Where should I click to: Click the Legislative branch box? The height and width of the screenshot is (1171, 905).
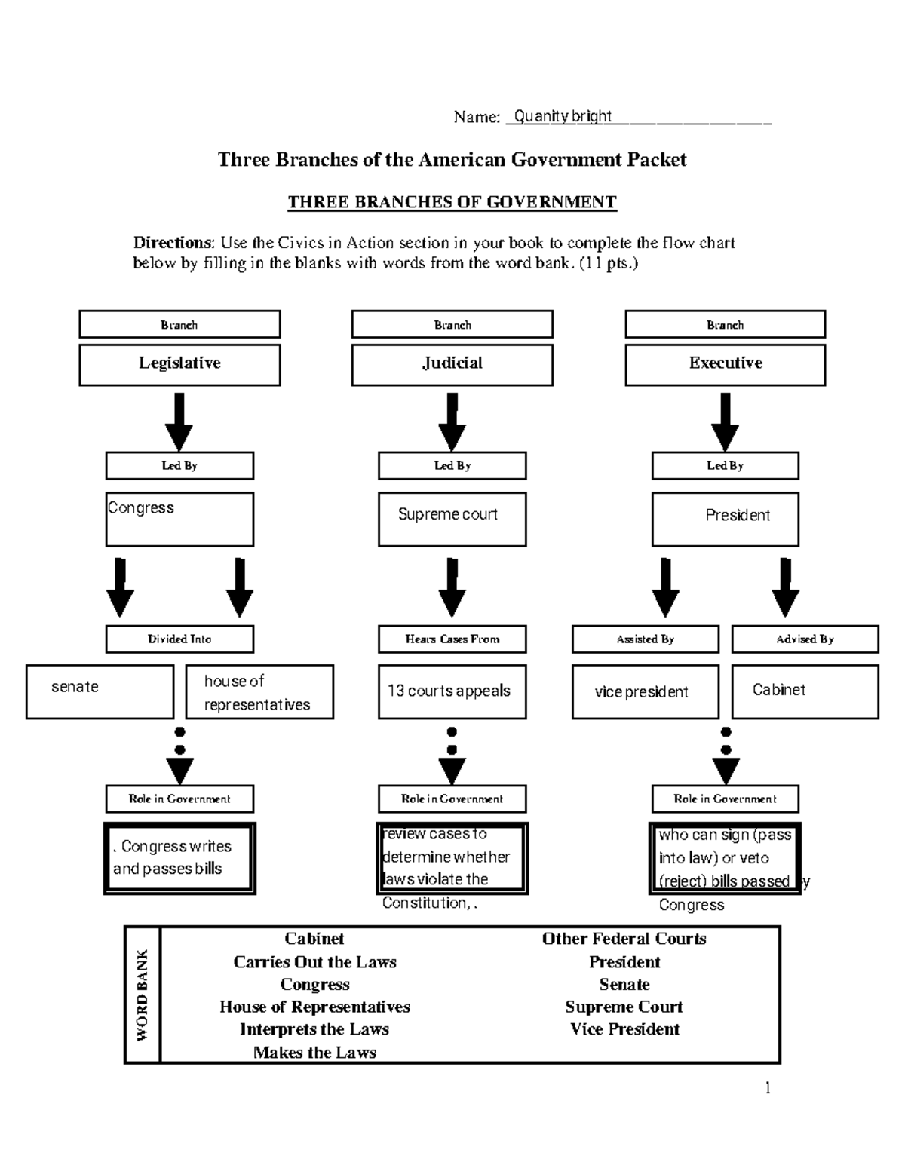tap(179, 364)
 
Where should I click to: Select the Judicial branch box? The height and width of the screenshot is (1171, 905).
tap(452, 364)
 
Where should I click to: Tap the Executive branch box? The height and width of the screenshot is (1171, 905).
tap(725, 364)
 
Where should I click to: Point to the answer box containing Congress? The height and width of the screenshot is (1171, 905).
tap(179, 519)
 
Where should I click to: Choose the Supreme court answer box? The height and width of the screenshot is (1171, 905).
tap(452, 519)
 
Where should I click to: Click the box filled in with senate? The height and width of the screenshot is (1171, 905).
tap(100, 691)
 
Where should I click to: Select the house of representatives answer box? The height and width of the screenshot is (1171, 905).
tap(259, 691)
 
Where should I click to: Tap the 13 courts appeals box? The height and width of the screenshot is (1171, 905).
tap(452, 691)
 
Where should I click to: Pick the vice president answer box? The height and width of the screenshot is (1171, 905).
tap(645, 691)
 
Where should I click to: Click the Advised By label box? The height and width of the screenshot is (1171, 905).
tap(805, 639)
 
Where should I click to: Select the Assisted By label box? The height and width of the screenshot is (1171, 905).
tap(645, 639)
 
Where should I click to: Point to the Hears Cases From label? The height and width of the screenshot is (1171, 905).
tap(452, 639)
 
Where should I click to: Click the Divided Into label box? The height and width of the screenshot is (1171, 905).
tap(179, 639)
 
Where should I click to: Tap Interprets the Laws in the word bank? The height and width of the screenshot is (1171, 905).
tap(314, 1029)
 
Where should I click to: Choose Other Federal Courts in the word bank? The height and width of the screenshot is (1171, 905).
tap(624, 939)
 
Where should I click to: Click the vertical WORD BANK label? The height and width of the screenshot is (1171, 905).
tap(143, 995)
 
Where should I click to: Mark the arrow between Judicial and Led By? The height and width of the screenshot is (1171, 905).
tap(452, 421)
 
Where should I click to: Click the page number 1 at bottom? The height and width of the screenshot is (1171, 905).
tap(768, 1087)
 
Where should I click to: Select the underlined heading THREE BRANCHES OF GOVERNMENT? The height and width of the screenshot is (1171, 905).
tap(452, 202)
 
